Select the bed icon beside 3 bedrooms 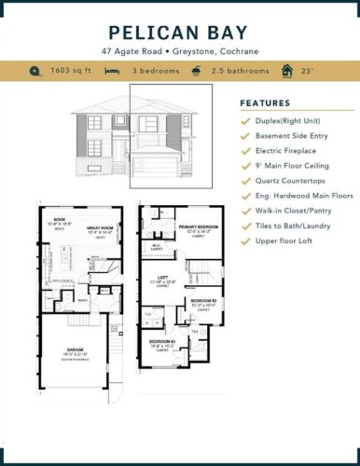click(x=111, y=71)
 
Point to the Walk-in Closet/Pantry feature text click(x=301, y=212)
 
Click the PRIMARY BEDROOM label click(x=197, y=226)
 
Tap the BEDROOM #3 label click(x=164, y=342)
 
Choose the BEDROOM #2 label click(x=203, y=301)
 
